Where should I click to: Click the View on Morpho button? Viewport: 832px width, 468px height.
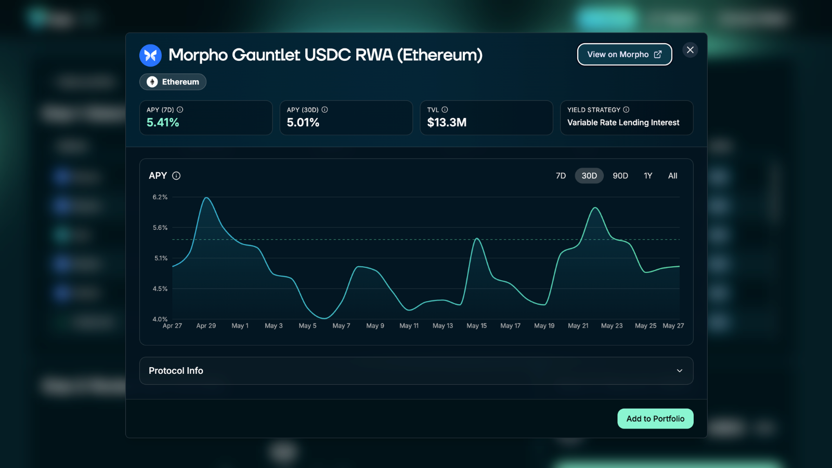tap(625, 54)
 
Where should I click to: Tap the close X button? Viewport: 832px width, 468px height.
tap(690, 50)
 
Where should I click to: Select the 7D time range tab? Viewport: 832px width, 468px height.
tap(561, 176)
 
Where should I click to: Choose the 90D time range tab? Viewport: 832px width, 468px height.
tap(620, 176)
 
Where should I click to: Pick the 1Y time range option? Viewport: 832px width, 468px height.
tap(648, 176)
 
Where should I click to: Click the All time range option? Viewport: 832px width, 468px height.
tap(673, 176)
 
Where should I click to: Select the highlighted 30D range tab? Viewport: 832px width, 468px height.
tap(589, 176)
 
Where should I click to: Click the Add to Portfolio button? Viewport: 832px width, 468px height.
tap(655, 419)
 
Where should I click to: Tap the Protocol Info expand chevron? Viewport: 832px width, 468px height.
tap(679, 371)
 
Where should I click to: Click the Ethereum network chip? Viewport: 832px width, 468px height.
tap(173, 82)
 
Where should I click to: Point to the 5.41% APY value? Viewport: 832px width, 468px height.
tap(163, 122)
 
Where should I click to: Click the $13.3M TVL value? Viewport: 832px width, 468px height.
tap(447, 122)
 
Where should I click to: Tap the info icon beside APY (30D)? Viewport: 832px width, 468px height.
tap(324, 110)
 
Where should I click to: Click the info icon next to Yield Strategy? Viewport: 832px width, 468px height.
tap(626, 110)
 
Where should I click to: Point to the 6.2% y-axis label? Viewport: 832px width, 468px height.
tap(160, 197)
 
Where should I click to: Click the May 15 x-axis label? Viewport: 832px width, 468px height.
tap(476, 326)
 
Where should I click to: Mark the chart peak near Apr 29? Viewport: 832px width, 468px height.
tap(206, 198)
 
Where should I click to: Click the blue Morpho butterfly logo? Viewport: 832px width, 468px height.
tap(150, 55)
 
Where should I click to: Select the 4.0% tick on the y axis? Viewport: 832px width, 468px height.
tap(160, 319)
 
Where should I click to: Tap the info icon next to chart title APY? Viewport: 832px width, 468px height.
tap(176, 176)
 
